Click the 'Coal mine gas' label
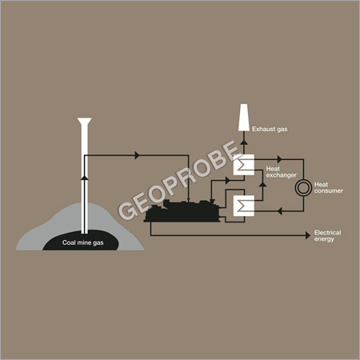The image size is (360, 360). tap(83, 242)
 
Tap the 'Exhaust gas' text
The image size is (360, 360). tap(270, 130)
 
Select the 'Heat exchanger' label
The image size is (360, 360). tap(281, 172)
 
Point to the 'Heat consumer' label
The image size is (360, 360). tap(329, 188)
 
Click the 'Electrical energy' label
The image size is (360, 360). tap(327, 236)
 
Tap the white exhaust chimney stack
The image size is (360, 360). tap(244, 118)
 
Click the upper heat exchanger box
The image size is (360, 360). tap(244, 165)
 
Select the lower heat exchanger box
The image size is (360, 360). tap(244, 206)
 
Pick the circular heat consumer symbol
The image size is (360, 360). tap(303, 188)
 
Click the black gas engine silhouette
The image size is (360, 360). tap(182, 211)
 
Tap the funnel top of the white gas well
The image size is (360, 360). tap(85, 122)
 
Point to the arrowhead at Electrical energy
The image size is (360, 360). tap(308, 235)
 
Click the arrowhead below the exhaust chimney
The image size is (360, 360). tap(244, 142)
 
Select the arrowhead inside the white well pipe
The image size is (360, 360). tap(85, 178)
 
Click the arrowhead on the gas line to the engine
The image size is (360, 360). tap(137, 155)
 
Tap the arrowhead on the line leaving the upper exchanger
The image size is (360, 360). tap(279, 159)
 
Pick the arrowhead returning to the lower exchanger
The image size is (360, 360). tap(279, 211)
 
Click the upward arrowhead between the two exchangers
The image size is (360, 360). tap(262, 184)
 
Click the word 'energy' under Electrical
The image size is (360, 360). tap(324, 239)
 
